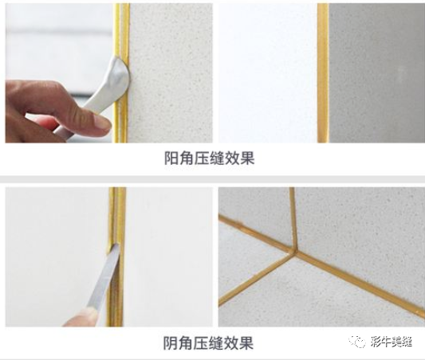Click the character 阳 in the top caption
pyautogui.click(x=171, y=158)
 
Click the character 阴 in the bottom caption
pyautogui.click(x=170, y=343)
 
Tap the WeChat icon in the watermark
pyautogui.click(x=357, y=342)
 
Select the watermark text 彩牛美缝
pyautogui.click(x=392, y=342)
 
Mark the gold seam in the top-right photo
pyautogui.click(x=323, y=73)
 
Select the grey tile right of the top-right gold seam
pyautogui.click(x=376, y=73)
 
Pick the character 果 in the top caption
pyautogui.click(x=247, y=158)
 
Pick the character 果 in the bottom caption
pyautogui.click(x=246, y=343)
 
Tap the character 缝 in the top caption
pyautogui.click(x=217, y=158)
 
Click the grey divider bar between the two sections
pyautogui.click(x=212, y=179)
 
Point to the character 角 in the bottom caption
pyautogui.click(x=185, y=343)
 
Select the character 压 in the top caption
pyautogui.click(x=202, y=158)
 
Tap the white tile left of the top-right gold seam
pyautogui.click(x=268, y=73)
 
